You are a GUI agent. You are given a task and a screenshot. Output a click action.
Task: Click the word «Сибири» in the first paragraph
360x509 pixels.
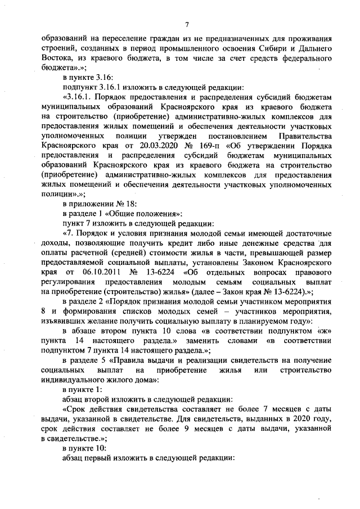[x=269, y=48]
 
